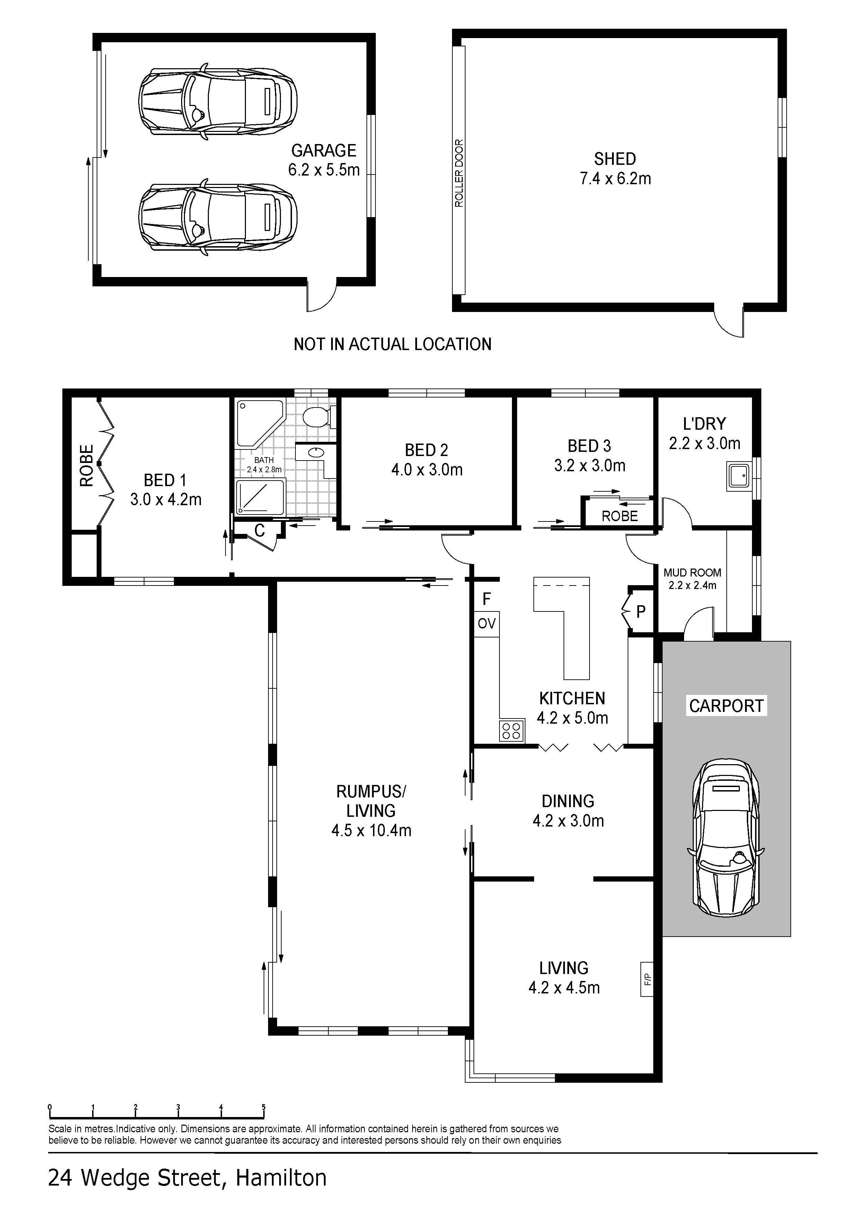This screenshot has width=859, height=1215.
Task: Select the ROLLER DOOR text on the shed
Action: (459, 173)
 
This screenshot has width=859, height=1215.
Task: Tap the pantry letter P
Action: (641, 612)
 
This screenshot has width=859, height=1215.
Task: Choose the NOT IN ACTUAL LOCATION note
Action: (393, 345)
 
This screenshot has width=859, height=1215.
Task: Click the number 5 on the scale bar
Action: (264, 1107)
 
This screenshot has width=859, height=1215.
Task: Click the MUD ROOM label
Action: (692, 573)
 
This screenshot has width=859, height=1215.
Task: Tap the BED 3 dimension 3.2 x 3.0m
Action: (590, 466)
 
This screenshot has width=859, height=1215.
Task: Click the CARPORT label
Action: (726, 706)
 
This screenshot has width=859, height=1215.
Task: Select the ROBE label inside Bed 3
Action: (620, 516)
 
